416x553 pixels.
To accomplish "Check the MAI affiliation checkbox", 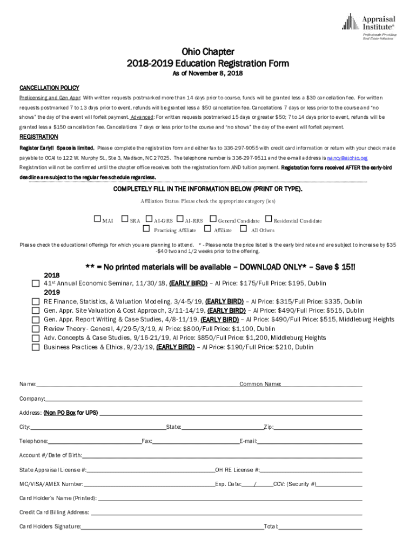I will (97, 220).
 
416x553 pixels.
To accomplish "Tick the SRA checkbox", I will (125, 220).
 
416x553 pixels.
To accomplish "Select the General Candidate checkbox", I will (213, 220).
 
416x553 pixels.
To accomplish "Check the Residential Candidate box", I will (269, 220).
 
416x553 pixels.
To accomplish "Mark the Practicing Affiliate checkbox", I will (146, 230).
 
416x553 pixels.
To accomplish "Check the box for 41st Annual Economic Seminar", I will (36, 284).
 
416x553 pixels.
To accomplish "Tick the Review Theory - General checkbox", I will (36, 329).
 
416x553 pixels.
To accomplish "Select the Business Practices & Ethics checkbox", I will (36, 347).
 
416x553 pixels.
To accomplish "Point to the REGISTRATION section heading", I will (39, 137).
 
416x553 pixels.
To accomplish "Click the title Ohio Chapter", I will (207, 52).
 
